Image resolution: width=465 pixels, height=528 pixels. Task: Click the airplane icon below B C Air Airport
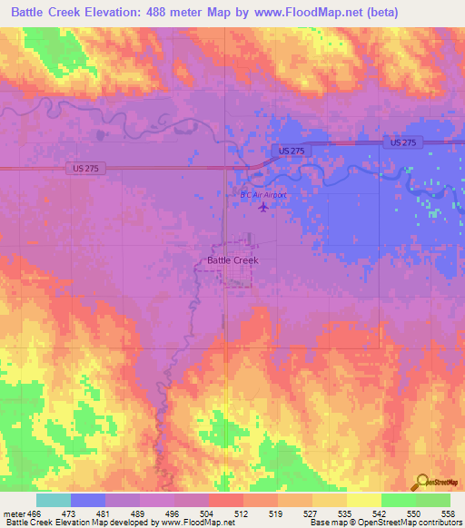(x=263, y=208)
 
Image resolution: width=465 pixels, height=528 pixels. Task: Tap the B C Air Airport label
(x=263, y=195)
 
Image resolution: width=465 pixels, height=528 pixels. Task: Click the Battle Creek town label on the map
(x=232, y=260)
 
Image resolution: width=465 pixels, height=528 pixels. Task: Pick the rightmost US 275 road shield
(x=401, y=143)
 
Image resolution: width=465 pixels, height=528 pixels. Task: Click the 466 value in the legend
(x=34, y=513)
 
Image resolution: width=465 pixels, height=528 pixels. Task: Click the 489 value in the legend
(x=137, y=513)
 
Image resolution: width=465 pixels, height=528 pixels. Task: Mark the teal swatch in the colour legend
(x=53, y=500)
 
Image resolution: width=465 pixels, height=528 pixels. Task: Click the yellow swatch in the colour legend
(x=363, y=500)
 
